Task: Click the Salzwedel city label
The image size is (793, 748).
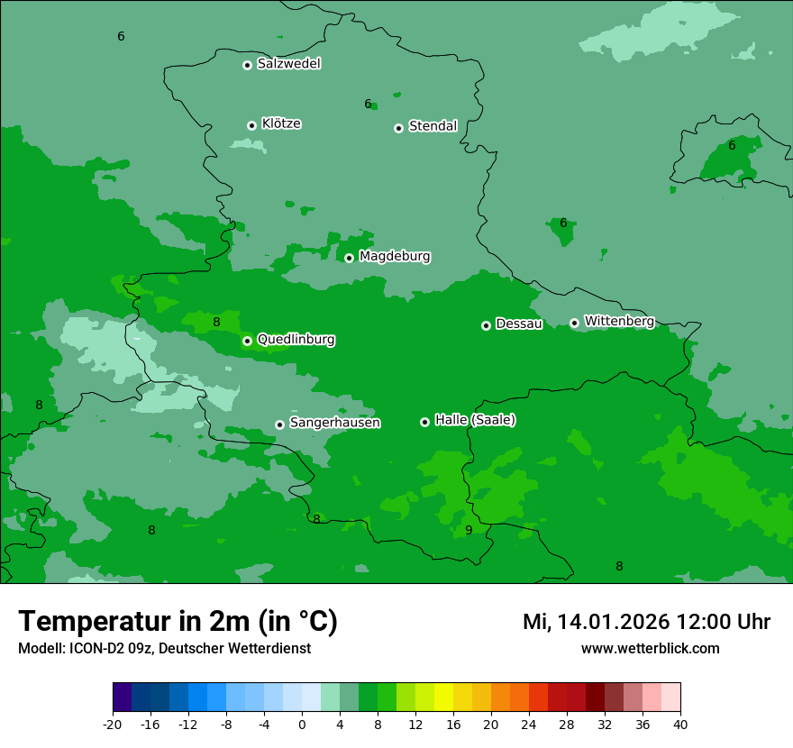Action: tap(288, 64)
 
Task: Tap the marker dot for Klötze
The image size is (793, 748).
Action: tap(251, 125)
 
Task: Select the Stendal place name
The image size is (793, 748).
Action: tap(433, 126)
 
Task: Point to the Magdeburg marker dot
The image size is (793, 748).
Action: tap(350, 258)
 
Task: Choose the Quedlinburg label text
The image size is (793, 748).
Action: tap(296, 340)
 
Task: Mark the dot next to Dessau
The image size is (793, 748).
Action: tap(486, 325)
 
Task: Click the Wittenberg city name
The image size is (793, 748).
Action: tap(618, 321)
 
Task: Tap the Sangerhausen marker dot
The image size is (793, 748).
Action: tap(280, 424)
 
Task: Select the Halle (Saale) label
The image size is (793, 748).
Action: tap(475, 420)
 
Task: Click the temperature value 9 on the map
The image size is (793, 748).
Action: tap(469, 530)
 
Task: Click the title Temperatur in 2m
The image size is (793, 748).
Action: tap(178, 622)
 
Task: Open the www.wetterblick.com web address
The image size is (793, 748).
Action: tap(650, 649)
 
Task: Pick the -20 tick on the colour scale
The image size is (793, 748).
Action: tap(113, 724)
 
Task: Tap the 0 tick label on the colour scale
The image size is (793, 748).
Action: tap(302, 724)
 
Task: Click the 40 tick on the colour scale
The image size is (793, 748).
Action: tap(680, 724)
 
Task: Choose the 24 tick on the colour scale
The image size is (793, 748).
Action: tap(529, 724)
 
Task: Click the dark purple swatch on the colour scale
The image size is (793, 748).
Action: tap(122, 698)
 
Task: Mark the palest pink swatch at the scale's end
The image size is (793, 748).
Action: tap(670, 698)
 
